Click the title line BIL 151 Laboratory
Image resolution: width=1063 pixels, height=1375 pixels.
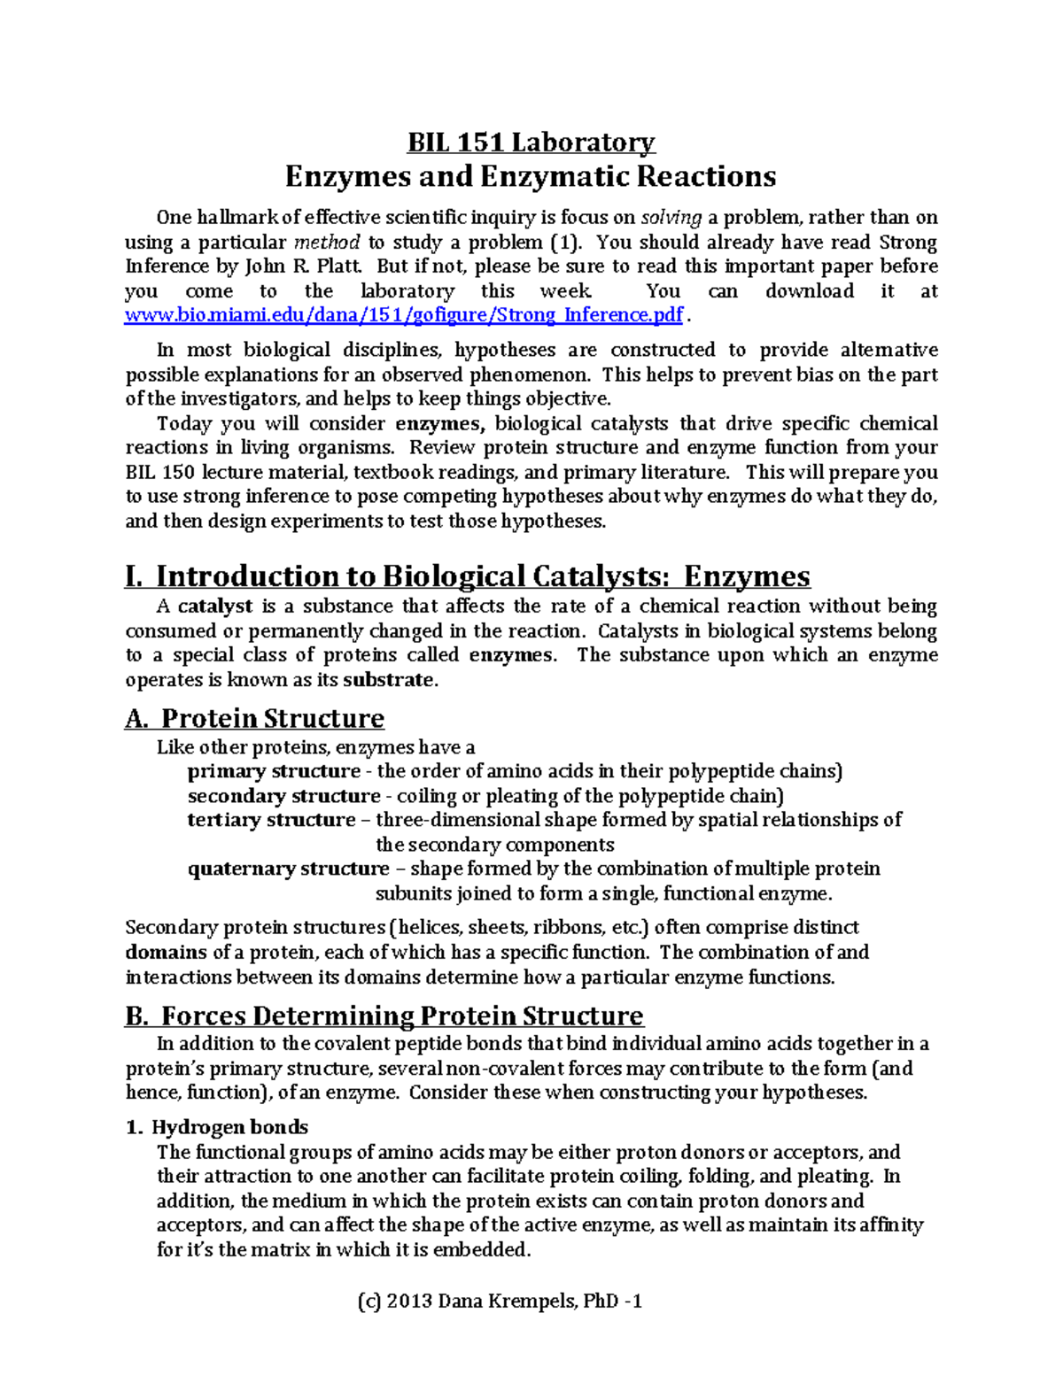click(531, 143)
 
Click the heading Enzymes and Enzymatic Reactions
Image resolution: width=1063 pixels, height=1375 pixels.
click(531, 176)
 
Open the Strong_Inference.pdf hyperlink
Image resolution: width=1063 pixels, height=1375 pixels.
click(404, 315)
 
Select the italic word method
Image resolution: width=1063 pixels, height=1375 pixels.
click(327, 243)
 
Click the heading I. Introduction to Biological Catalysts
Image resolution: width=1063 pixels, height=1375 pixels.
click(468, 576)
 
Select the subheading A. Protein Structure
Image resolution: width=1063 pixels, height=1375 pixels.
click(254, 718)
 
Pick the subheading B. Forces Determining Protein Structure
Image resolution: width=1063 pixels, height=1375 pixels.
click(384, 1016)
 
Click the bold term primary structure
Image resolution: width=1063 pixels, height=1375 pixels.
click(274, 771)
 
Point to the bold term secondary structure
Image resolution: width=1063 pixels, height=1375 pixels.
click(283, 796)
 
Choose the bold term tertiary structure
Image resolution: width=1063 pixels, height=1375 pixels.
click(271, 820)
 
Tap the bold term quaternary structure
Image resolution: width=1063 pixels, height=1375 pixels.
click(288, 869)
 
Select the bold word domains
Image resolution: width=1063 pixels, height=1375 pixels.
click(166, 953)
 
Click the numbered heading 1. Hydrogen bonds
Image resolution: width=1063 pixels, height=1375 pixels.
click(217, 1127)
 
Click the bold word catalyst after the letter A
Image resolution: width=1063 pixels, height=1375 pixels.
click(215, 606)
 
